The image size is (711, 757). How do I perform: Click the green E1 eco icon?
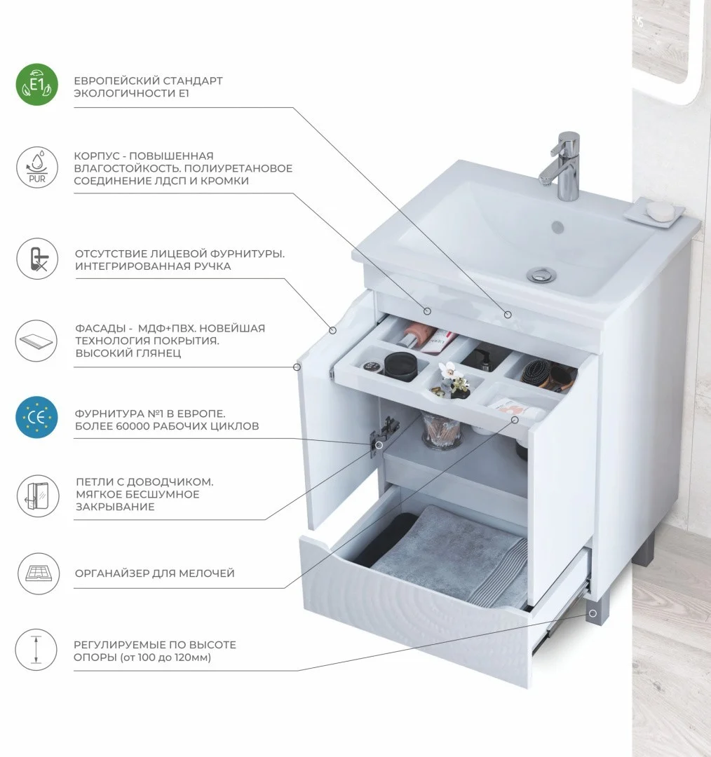coord(36,85)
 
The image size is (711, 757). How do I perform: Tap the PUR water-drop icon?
coord(37,168)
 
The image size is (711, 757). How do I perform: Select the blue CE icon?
coord(36,418)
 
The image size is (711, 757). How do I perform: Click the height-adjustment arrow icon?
coord(36,649)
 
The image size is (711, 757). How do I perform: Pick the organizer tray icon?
coord(38,573)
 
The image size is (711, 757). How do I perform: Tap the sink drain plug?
coord(541,275)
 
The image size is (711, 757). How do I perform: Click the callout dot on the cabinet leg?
coord(592,613)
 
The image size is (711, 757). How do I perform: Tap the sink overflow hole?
coord(558,226)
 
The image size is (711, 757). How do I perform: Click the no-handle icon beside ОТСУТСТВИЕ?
coord(37,259)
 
